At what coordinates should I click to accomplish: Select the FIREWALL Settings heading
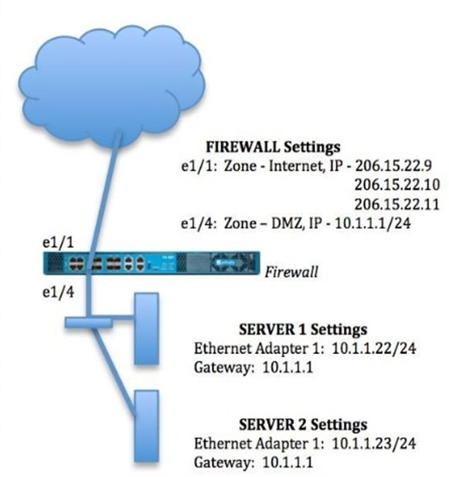click(x=273, y=147)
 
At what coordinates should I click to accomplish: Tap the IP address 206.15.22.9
click(x=393, y=166)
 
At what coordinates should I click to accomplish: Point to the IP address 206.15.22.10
click(x=397, y=185)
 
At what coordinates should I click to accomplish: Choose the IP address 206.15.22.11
click(x=397, y=204)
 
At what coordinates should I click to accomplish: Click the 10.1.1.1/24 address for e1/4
click(x=372, y=223)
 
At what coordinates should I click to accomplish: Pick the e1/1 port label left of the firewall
click(x=58, y=243)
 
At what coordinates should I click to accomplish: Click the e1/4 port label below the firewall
click(x=58, y=292)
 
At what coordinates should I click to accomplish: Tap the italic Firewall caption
click(x=291, y=271)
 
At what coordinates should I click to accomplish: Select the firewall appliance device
click(x=151, y=263)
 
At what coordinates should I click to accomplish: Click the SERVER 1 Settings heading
click(x=303, y=329)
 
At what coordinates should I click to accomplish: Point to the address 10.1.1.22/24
click(x=374, y=349)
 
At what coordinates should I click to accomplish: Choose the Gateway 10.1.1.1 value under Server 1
click(x=287, y=367)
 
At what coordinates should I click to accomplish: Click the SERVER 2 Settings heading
click(x=303, y=424)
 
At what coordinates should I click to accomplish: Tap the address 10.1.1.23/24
click(x=374, y=444)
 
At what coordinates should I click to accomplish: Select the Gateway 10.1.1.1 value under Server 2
click(x=287, y=463)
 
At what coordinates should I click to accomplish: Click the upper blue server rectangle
click(x=147, y=329)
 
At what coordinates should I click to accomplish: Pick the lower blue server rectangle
click(x=147, y=426)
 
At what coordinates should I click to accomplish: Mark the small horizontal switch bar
click(x=88, y=322)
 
